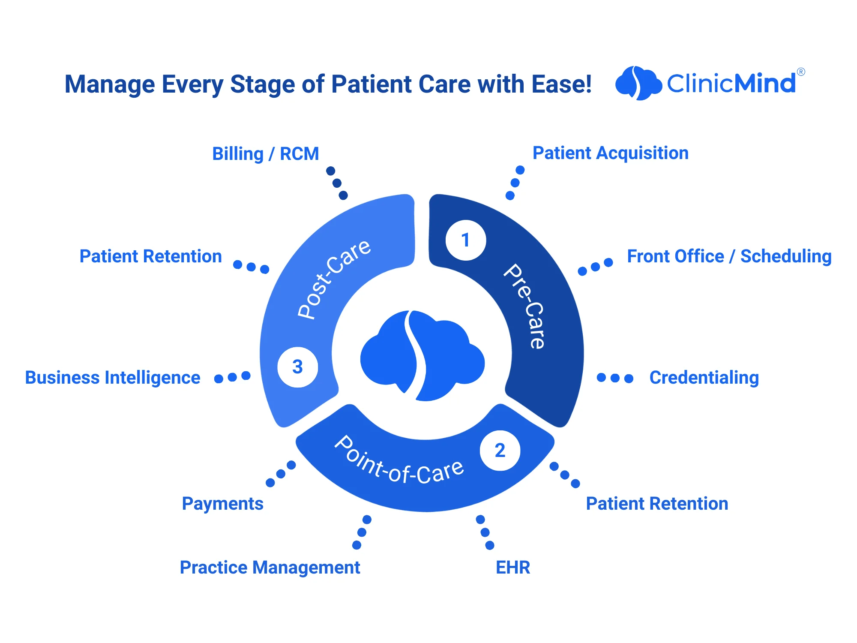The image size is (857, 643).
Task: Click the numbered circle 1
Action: [466, 240]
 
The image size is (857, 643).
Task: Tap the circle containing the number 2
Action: [500, 451]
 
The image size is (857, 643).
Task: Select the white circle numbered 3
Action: [297, 367]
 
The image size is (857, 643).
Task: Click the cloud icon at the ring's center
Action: [422, 356]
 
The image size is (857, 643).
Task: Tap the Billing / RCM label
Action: [266, 154]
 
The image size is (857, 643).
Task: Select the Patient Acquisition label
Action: [610, 153]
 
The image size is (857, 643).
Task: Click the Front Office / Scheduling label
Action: [729, 256]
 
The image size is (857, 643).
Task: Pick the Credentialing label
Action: [704, 378]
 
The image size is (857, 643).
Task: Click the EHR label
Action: [513, 568]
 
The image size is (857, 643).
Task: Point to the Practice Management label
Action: [270, 568]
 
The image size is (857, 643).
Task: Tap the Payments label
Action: [222, 504]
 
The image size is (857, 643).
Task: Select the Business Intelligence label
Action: [113, 378]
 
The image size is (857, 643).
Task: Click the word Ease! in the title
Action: [562, 84]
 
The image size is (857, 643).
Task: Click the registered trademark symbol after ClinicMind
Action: [801, 72]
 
